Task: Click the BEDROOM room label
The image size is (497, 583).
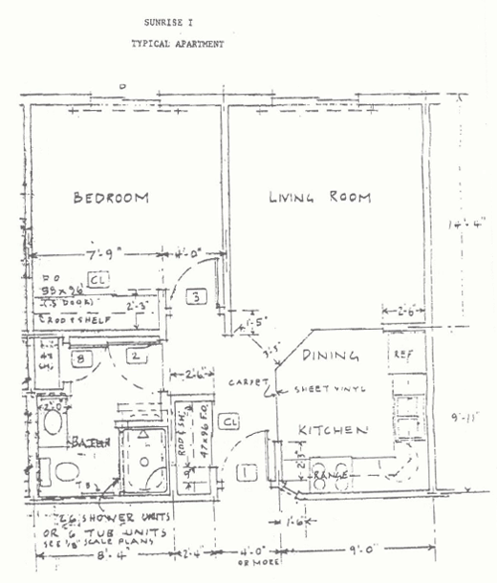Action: (x=112, y=198)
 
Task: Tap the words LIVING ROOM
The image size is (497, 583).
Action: (x=312, y=198)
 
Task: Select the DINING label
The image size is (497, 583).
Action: (x=331, y=356)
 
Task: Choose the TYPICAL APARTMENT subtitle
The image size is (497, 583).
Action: (x=178, y=44)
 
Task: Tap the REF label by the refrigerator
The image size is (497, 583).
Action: (x=402, y=355)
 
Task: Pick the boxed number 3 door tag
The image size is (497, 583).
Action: (x=195, y=297)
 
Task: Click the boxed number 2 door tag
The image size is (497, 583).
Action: (x=137, y=357)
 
